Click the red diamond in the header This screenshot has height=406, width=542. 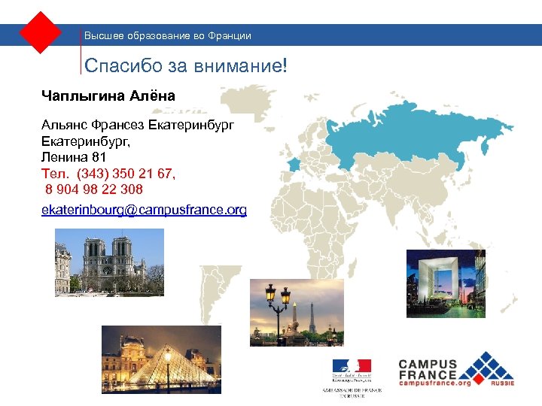40,32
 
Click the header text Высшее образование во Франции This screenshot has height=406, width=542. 168,35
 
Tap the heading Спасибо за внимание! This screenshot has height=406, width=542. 186,66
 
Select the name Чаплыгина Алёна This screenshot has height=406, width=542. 108,95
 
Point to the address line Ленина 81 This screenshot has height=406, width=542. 74,158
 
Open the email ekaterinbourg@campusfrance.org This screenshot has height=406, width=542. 144,210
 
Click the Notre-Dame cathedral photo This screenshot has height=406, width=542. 109,261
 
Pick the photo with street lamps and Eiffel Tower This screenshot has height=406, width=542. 296,312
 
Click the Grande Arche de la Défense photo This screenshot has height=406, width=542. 446,283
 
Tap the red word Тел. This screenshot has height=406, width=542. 53,174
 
